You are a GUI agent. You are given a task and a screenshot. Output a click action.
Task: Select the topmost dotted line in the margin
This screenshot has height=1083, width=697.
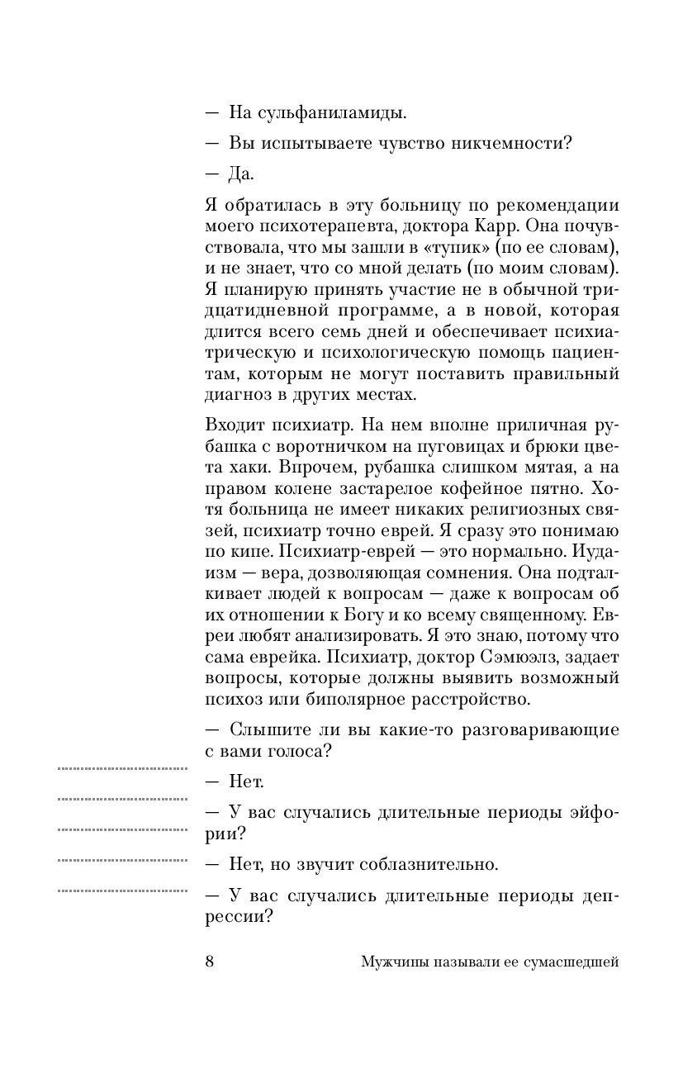(x=123, y=768)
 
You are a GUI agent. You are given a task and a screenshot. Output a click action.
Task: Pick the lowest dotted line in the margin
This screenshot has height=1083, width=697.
(x=123, y=891)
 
